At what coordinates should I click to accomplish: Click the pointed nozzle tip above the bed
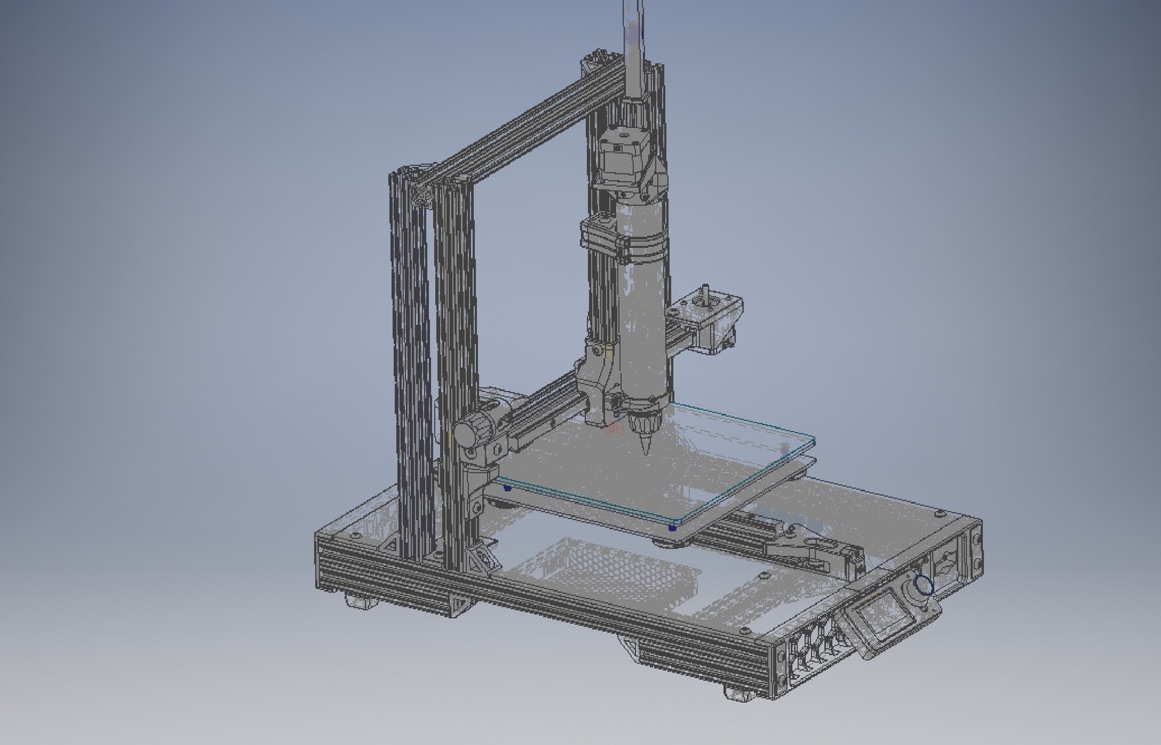click(x=647, y=450)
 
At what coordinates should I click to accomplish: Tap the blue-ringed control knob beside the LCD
click(x=923, y=586)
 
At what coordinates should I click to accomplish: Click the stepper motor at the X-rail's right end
click(x=715, y=321)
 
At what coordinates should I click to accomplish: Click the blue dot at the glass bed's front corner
click(x=672, y=528)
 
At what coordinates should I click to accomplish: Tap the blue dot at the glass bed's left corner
click(x=508, y=488)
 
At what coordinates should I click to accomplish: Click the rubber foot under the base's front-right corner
click(x=740, y=694)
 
